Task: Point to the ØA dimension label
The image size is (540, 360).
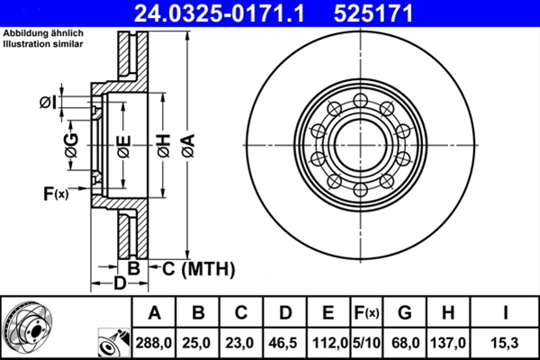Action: [x=187, y=144]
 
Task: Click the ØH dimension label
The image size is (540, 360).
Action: [x=163, y=144]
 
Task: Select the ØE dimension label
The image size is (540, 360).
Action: [x=125, y=144]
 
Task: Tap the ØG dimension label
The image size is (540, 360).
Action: [x=72, y=144]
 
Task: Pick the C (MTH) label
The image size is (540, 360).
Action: [x=197, y=268]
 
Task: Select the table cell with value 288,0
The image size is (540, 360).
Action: [x=155, y=342]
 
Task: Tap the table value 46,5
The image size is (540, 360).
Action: [x=285, y=342]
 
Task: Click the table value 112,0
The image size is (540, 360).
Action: [x=328, y=342]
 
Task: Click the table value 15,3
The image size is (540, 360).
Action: [x=507, y=342]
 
